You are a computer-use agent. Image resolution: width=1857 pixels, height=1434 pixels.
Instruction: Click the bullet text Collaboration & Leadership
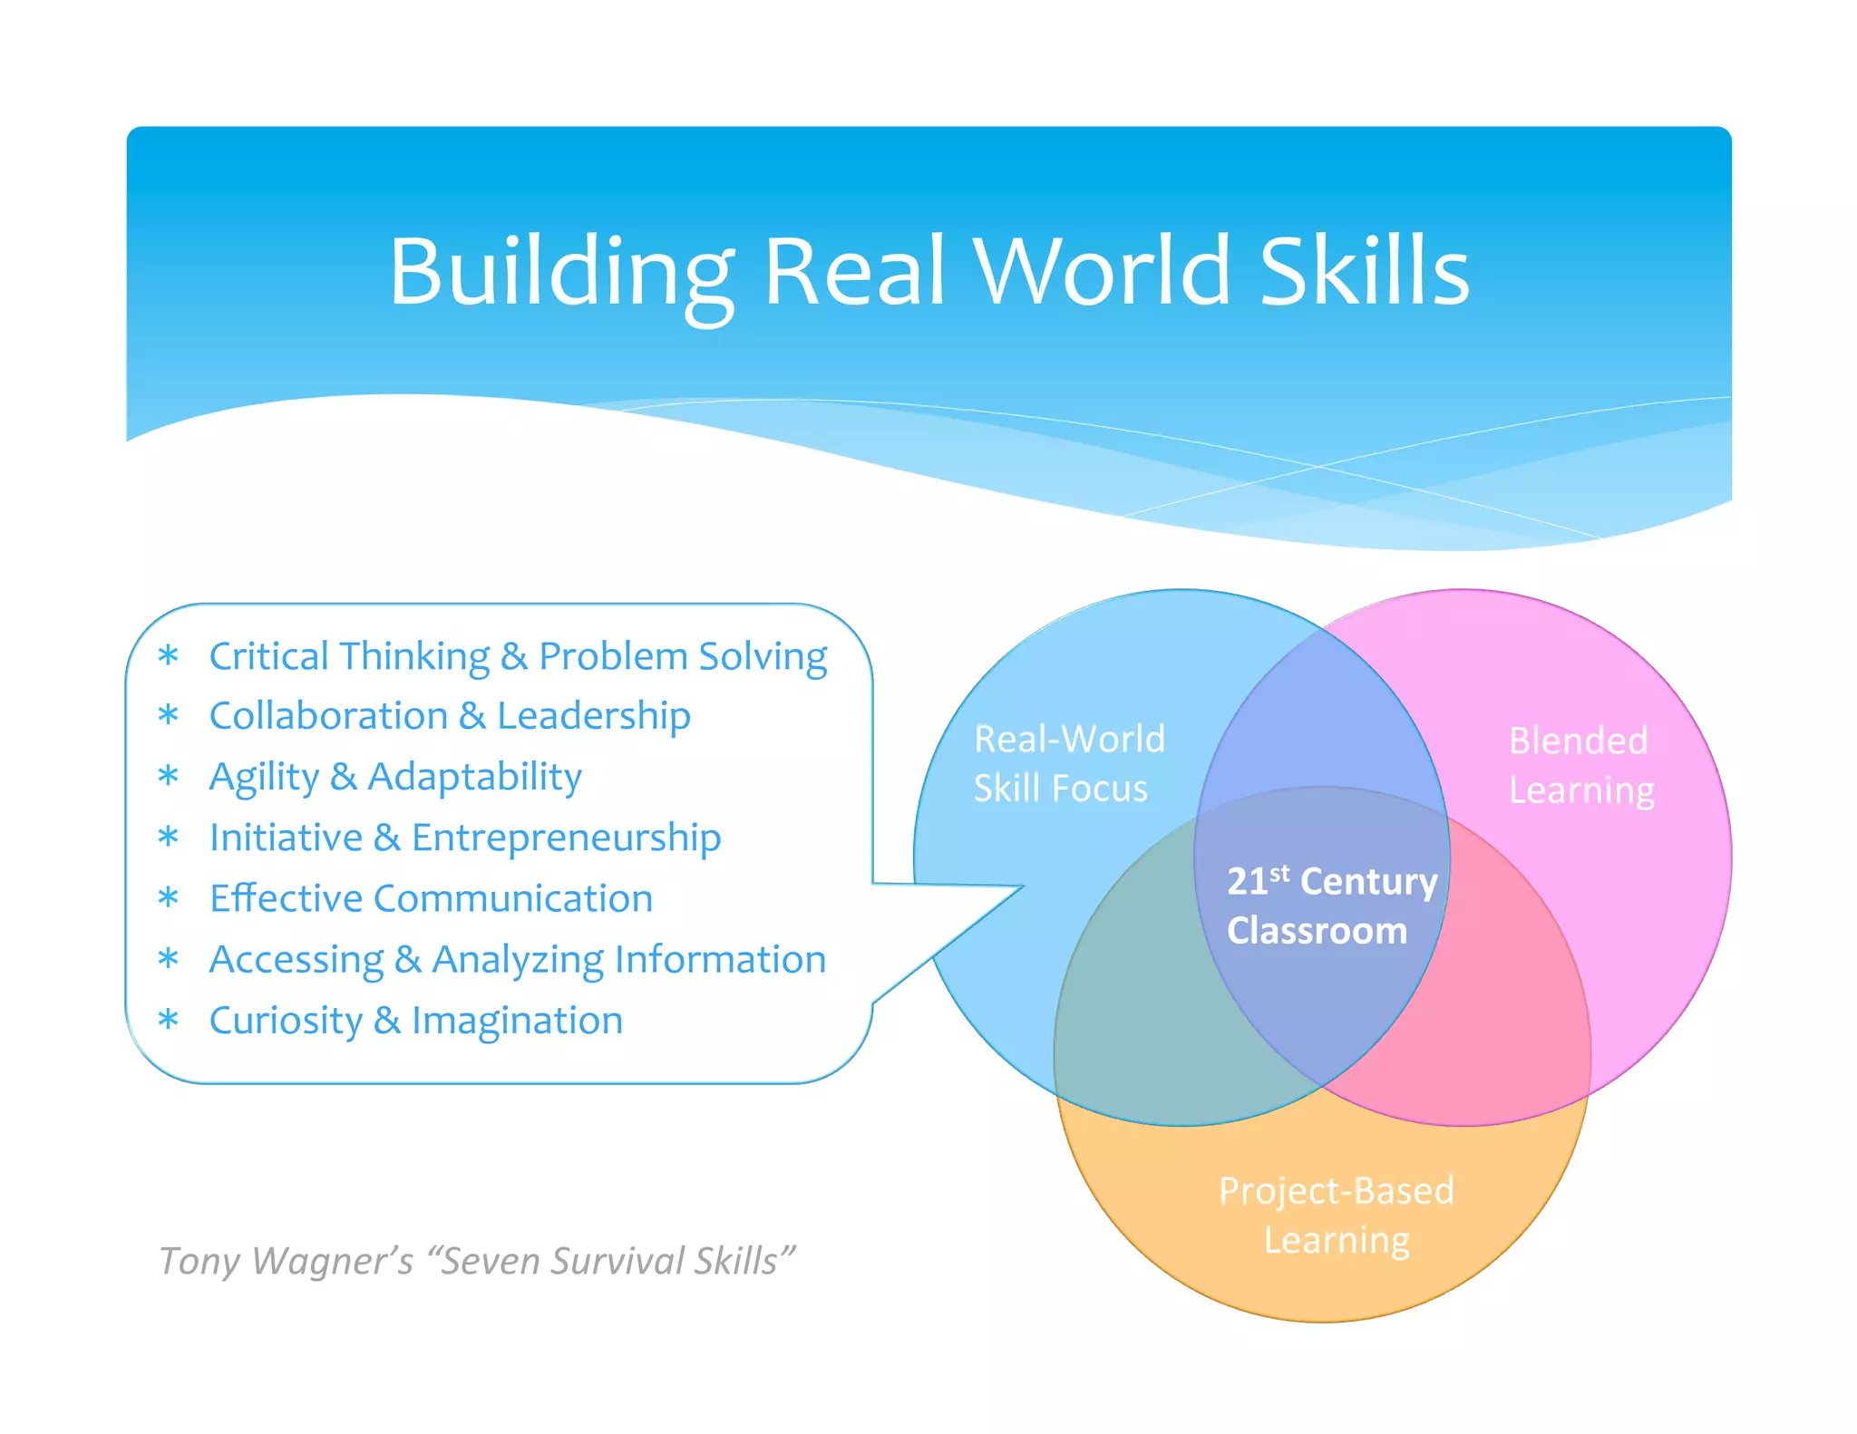pos(450,716)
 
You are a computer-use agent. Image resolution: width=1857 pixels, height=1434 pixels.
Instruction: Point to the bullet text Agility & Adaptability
pos(395,777)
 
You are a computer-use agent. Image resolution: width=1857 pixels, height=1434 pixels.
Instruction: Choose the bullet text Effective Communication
pos(431,898)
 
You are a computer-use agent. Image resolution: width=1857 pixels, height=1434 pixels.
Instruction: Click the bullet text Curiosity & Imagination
pos(416,1021)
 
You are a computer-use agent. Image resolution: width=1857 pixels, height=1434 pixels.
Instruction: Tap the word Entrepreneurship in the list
pos(566,838)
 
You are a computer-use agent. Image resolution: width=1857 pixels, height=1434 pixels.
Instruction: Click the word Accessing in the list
pos(297,960)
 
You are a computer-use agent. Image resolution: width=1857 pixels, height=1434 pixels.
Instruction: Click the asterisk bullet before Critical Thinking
pos(168,656)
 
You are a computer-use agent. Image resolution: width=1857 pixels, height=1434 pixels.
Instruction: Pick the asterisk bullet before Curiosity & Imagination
pos(168,1021)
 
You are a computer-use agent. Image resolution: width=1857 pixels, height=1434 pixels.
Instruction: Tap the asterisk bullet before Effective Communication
pos(168,898)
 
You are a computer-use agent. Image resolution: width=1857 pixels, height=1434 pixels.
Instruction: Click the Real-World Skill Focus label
pos(1068,763)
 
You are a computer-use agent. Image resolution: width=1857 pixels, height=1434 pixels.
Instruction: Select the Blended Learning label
pos(1580,765)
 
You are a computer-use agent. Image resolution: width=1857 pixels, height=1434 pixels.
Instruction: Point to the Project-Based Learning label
pos(1336,1215)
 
